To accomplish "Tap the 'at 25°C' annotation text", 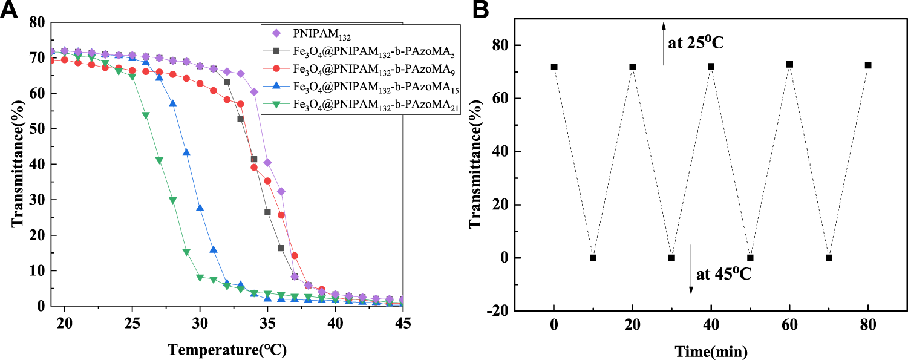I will click(x=696, y=44).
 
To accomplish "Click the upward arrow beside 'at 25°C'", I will click(x=664, y=42).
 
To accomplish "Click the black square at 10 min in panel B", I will click(x=593, y=258).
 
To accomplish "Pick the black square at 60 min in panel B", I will click(x=789, y=64).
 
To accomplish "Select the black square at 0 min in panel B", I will click(x=554, y=67).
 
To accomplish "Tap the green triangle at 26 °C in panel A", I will click(x=146, y=115).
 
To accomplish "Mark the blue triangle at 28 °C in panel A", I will click(x=173, y=103).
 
